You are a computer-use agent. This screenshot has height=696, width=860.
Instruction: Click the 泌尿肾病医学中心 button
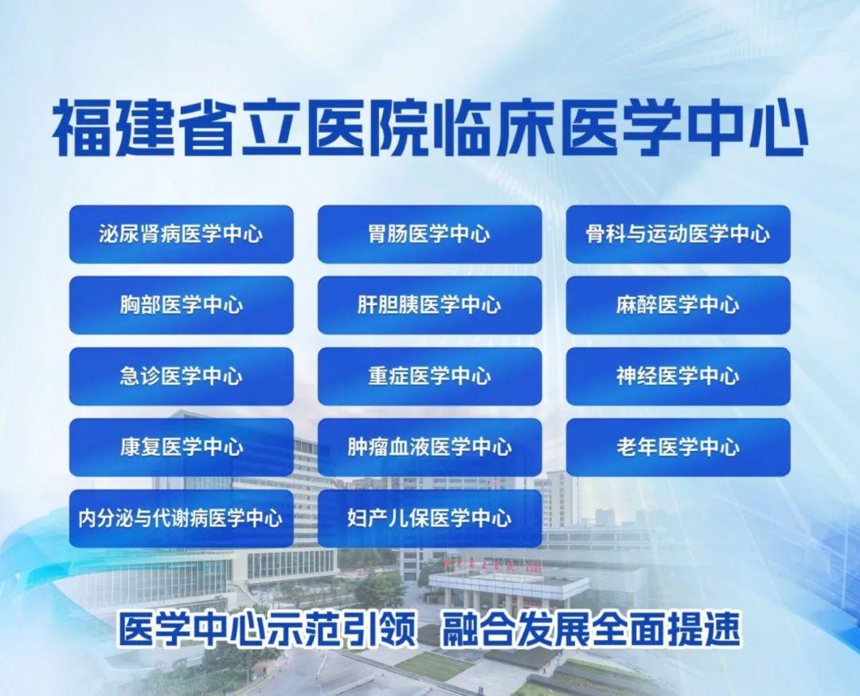tap(182, 234)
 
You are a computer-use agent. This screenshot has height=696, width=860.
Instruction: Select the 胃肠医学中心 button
tap(429, 234)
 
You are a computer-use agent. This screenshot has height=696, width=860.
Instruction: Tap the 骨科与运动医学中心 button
tap(678, 234)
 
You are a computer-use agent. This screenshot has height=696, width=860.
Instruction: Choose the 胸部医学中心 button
tap(182, 305)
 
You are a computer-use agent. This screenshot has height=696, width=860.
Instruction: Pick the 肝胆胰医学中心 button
tap(429, 305)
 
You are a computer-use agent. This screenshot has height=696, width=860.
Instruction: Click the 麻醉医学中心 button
tap(678, 305)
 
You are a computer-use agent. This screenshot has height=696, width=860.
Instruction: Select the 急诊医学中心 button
tap(182, 376)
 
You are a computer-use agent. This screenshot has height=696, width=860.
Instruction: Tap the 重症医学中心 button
tap(429, 376)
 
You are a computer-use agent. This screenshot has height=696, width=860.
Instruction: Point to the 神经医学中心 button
tap(678, 376)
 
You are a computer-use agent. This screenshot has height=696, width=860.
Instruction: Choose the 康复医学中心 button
tap(182, 447)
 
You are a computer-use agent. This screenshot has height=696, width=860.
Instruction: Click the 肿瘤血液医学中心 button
tap(429, 447)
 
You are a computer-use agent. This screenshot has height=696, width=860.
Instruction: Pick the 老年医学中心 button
tap(678, 447)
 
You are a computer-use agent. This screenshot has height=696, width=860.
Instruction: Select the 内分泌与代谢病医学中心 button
tap(182, 518)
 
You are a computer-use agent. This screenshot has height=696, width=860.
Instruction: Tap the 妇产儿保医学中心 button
tap(429, 518)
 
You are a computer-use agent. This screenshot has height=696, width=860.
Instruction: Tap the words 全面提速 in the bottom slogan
tap(666, 629)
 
